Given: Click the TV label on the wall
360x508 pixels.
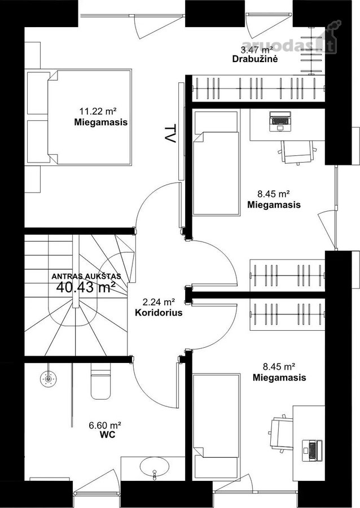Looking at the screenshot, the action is pyautogui.click(x=170, y=133).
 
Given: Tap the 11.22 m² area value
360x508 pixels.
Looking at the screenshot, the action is pyautogui.click(x=98, y=111).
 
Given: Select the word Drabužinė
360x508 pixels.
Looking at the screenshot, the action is pyautogui.click(x=255, y=59).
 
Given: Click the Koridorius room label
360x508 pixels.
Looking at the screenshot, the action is pyautogui.click(x=159, y=313).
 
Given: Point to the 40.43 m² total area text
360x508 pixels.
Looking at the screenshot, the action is pyautogui.click(x=86, y=287).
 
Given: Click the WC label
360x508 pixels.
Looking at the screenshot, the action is pyautogui.click(x=107, y=435).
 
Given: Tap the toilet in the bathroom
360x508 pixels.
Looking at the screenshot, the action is pyautogui.click(x=100, y=381).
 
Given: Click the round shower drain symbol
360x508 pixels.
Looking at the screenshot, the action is pyautogui.click(x=49, y=378).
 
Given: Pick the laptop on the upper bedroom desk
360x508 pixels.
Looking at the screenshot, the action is pyautogui.click(x=280, y=121).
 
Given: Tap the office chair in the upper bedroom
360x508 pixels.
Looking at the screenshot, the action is pyautogui.click(x=297, y=152).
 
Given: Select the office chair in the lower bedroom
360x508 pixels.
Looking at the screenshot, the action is pyautogui.click(x=280, y=434).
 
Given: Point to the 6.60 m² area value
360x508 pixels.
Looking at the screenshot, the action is pyautogui.click(x=105, y=425).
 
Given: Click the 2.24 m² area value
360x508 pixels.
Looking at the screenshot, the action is pyautogui.click(x=159, y=303).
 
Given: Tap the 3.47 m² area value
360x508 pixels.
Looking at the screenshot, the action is pyautogui.click(x=256, y=50).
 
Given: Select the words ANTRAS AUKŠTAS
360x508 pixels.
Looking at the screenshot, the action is pyautogui.click(x=86, y=277).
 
